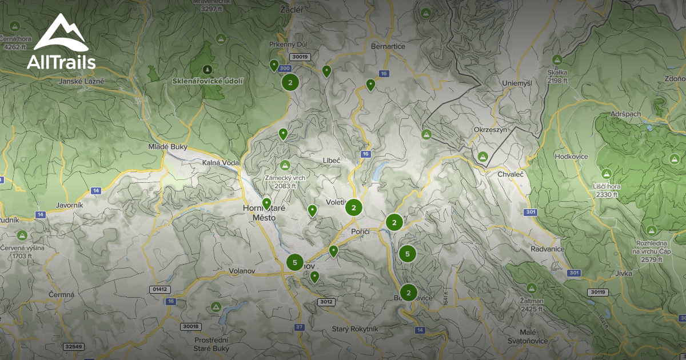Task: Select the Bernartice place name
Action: (x=388, y=46)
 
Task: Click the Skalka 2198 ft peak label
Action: (x=557, y=76)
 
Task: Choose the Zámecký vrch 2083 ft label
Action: (x=284, y=181)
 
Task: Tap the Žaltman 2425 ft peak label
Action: (x=532, y=305)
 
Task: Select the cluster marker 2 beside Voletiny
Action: (x=354, y=207)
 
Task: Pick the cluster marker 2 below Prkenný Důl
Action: (x=290, y=82)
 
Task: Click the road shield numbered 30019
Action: (x=300, y=57)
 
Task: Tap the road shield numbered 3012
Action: (x=326, y=302)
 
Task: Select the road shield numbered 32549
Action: (x=74, y=346)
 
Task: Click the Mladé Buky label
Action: (x=167, y=147)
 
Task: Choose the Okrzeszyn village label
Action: (x=490, y=130)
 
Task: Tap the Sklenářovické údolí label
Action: (x=208, y=81)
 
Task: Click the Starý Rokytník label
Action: (x=355, y=329)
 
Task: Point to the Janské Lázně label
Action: (x=82, y=81)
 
